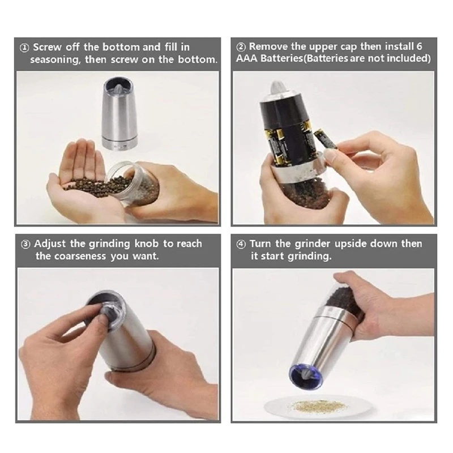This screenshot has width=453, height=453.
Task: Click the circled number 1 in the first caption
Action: (24, 48)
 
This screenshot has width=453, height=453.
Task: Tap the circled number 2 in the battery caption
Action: (241, 47)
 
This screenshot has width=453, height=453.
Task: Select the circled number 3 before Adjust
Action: (25, 245)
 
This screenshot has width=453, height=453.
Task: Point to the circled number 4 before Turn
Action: (241, 245)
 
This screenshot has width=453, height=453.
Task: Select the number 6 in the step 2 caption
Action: (419, 46)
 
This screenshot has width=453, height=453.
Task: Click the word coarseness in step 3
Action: (80, 257)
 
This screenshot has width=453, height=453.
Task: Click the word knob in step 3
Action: (146, 243)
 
